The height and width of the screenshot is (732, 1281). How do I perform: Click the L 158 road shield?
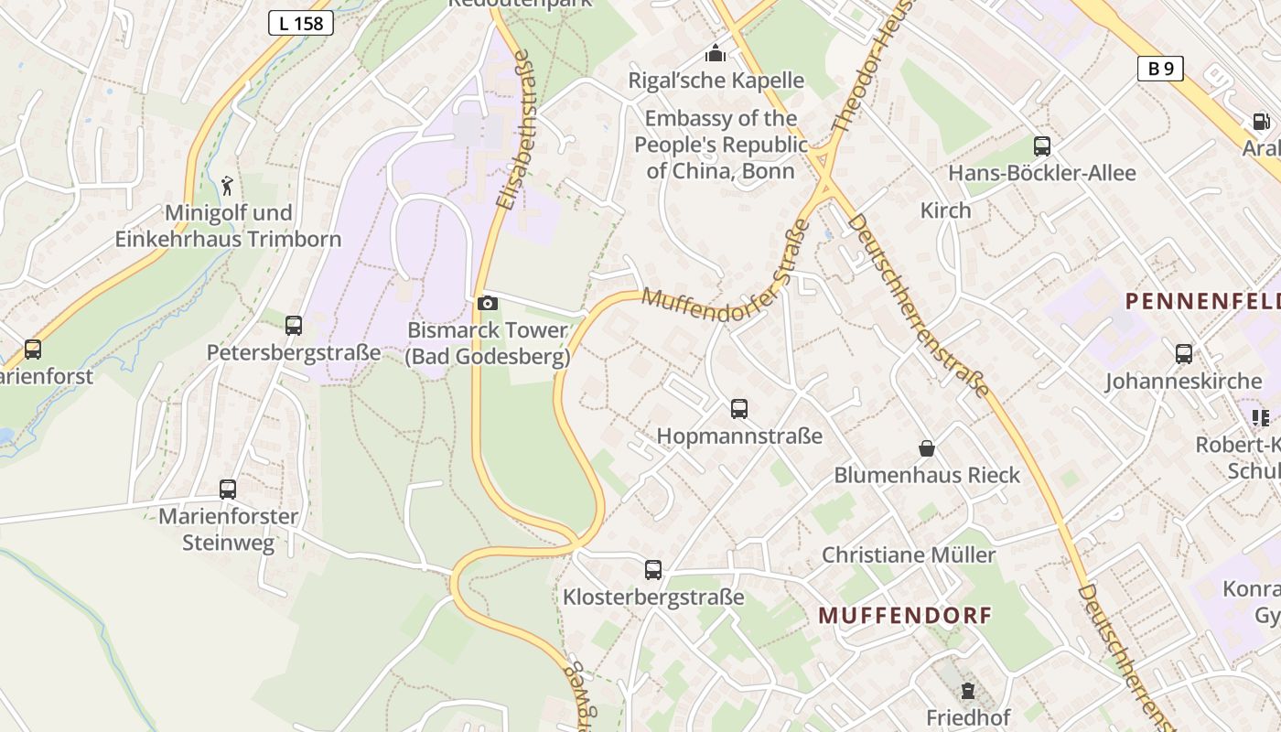click(300, 24)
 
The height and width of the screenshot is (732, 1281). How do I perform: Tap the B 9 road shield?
click(1160, 69)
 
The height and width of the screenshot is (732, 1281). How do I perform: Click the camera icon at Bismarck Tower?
click(488, 303)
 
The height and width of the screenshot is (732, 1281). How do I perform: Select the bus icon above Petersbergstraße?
click(294, 325)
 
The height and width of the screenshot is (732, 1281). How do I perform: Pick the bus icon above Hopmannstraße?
click(739, 409)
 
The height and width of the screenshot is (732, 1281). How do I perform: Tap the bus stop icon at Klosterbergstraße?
click(653, 570)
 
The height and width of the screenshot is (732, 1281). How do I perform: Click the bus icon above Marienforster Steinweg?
click(228, 490)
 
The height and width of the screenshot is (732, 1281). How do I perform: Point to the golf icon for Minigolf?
click(227, 186)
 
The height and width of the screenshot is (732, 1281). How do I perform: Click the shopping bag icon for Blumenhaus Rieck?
click(927, 448)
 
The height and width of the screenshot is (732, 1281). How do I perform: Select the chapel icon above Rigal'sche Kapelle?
click(716, 54)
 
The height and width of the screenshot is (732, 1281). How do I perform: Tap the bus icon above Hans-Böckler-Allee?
click(1041, 146)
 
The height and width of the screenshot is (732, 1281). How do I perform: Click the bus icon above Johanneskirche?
click(1184, 354)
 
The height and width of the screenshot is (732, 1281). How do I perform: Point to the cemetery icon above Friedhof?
click(967, 691)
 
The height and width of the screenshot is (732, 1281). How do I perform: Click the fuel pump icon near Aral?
click(1261, 122)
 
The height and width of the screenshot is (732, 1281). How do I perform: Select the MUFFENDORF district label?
click(905, 616)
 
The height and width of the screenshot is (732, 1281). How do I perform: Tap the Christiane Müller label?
click(909, 554)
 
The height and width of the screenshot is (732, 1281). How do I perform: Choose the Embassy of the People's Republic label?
click(721, 144)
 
